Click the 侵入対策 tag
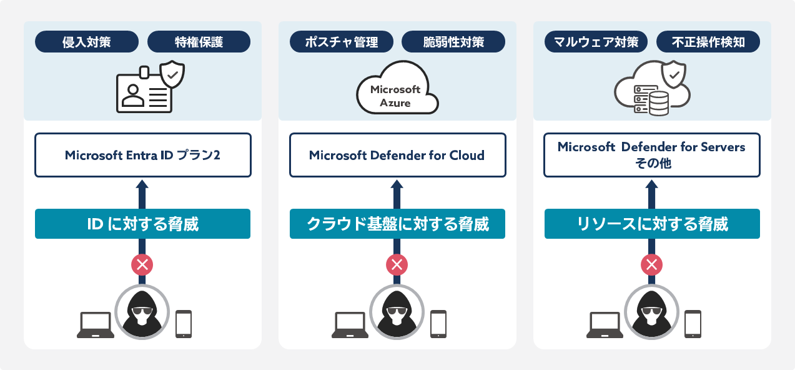[87, 42]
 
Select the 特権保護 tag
[199, 42]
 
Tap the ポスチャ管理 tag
[342, 42]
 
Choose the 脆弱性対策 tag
[453, 42]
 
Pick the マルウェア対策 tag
[596, 42]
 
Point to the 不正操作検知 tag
[708, 42]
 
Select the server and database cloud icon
[652, 91]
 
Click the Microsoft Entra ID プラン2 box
[142, 155]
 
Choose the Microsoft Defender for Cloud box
[397, 155]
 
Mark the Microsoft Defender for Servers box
[651, 155]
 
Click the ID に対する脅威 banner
[142, 224]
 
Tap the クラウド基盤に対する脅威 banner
[397, 224]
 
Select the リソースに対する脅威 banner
[651, 224]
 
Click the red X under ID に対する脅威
[142, 265]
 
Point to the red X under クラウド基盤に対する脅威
[397, 265]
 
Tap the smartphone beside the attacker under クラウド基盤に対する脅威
[438, 324]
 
